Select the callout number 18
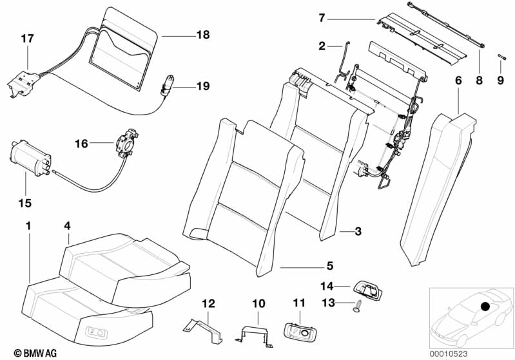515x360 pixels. pos(203,35)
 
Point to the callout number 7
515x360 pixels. pos(322,17)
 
